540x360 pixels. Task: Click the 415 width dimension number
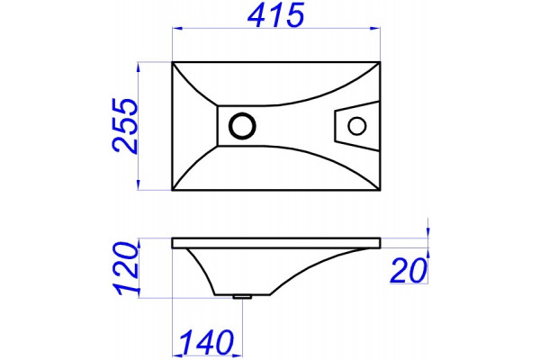tap(276, 14)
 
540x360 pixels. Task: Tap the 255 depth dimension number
tap(125, 126)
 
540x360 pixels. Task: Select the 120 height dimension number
tap(127, 269)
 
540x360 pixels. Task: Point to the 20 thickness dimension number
tap(409, 270)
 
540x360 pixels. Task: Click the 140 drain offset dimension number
tap(207, 342)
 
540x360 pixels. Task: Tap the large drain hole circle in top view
tap(242, 126)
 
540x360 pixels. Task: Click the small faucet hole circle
tap(356, 126)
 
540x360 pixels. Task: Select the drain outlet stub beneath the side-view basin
tap(242, 297)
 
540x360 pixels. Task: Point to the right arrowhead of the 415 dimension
tap(375, 29)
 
